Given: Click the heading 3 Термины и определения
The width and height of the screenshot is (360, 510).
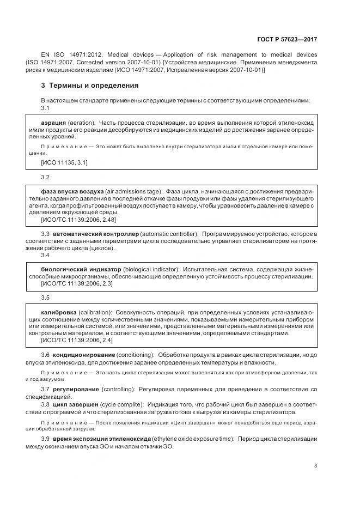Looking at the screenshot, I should [x=90, y=86].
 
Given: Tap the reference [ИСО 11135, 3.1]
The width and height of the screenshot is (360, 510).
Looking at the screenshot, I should [x=64, y=162].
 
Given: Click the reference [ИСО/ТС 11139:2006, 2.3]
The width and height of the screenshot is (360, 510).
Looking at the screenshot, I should [x=77, y=283].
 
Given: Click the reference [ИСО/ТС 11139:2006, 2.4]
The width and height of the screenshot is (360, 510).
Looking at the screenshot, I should [x=77, y=339].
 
